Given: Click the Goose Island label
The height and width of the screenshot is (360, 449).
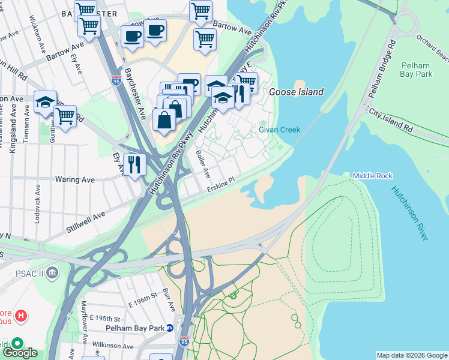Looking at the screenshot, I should click(296, 92).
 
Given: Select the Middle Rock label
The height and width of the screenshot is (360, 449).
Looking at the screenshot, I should click(372, 176).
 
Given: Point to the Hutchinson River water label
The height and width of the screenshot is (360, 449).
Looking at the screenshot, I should click(410, 213).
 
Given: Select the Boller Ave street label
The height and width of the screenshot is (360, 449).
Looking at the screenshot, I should click(202, 164).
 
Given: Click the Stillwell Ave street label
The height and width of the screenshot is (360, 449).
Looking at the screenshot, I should click(86, 220).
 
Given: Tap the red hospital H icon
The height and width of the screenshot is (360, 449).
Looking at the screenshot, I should click(20, 315).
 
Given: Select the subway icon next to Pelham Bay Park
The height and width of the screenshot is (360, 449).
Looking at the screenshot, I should click(170, 328).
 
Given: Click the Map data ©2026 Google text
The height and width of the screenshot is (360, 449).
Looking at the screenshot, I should click(411, 355).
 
